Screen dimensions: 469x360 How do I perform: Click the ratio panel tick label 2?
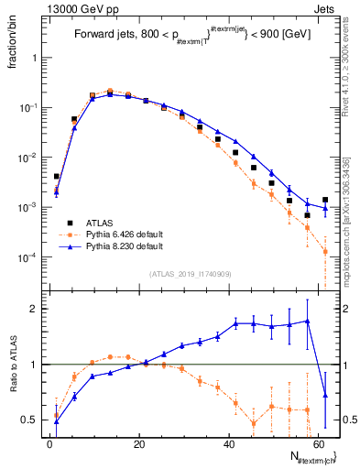pos(34,309)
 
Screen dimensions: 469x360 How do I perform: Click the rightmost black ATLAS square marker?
pos(325,200)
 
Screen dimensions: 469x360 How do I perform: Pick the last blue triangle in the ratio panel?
pos(325,396)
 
